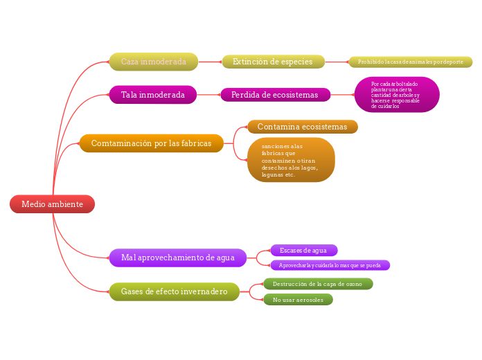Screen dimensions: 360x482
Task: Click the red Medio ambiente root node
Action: point(52,204)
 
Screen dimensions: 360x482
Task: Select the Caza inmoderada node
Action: point(153,62)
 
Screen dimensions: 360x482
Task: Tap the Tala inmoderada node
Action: point(152,95)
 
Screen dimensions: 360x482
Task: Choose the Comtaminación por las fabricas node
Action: point(151,143)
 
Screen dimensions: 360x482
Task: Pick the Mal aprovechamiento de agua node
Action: point(177,258)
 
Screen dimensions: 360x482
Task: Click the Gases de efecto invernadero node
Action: point(174,291)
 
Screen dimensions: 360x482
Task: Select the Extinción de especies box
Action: point(273,62)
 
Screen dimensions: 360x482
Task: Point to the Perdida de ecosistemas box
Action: point(275,95)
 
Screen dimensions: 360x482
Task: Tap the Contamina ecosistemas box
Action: point(302,127)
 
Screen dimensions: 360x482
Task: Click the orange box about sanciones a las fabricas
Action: point(291,160)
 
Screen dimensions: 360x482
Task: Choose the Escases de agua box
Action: point(303,250)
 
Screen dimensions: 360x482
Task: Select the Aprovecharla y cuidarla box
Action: point(330,265)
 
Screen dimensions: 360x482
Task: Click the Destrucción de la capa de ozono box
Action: point(318,284)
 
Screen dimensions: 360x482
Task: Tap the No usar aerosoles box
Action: point(298,300)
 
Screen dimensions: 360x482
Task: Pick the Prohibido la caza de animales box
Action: point(410,62)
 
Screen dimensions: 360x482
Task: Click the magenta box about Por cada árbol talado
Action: point(397,95)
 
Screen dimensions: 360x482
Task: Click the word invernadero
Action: point(204,291)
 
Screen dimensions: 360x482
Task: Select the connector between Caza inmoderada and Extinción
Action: point(210,62)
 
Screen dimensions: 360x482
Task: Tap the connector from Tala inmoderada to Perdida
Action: point(208,95)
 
